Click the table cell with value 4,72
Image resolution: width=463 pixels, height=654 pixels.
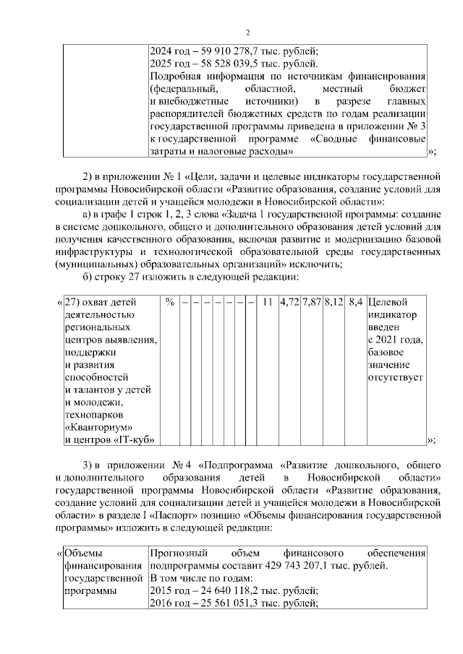point(289,301)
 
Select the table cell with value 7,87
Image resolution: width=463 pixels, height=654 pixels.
point(312,301)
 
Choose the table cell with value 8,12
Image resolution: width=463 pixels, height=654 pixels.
point(334,301)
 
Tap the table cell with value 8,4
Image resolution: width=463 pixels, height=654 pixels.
point(355,301)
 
